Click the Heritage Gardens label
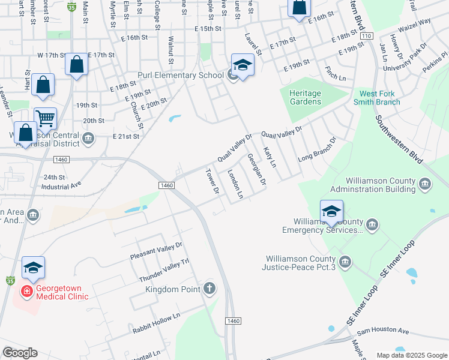pos(305,97)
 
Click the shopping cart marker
pos(45,118)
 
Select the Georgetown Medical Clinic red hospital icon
pos(27,292)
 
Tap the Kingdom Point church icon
pos(209,289)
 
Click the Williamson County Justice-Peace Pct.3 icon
pos(345,261)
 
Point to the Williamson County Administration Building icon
pos(426,184)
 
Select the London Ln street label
pos(235,184)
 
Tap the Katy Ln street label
pos(270,155)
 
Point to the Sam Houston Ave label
pos(382,331)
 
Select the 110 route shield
pos(366,37)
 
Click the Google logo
pos(20,353)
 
